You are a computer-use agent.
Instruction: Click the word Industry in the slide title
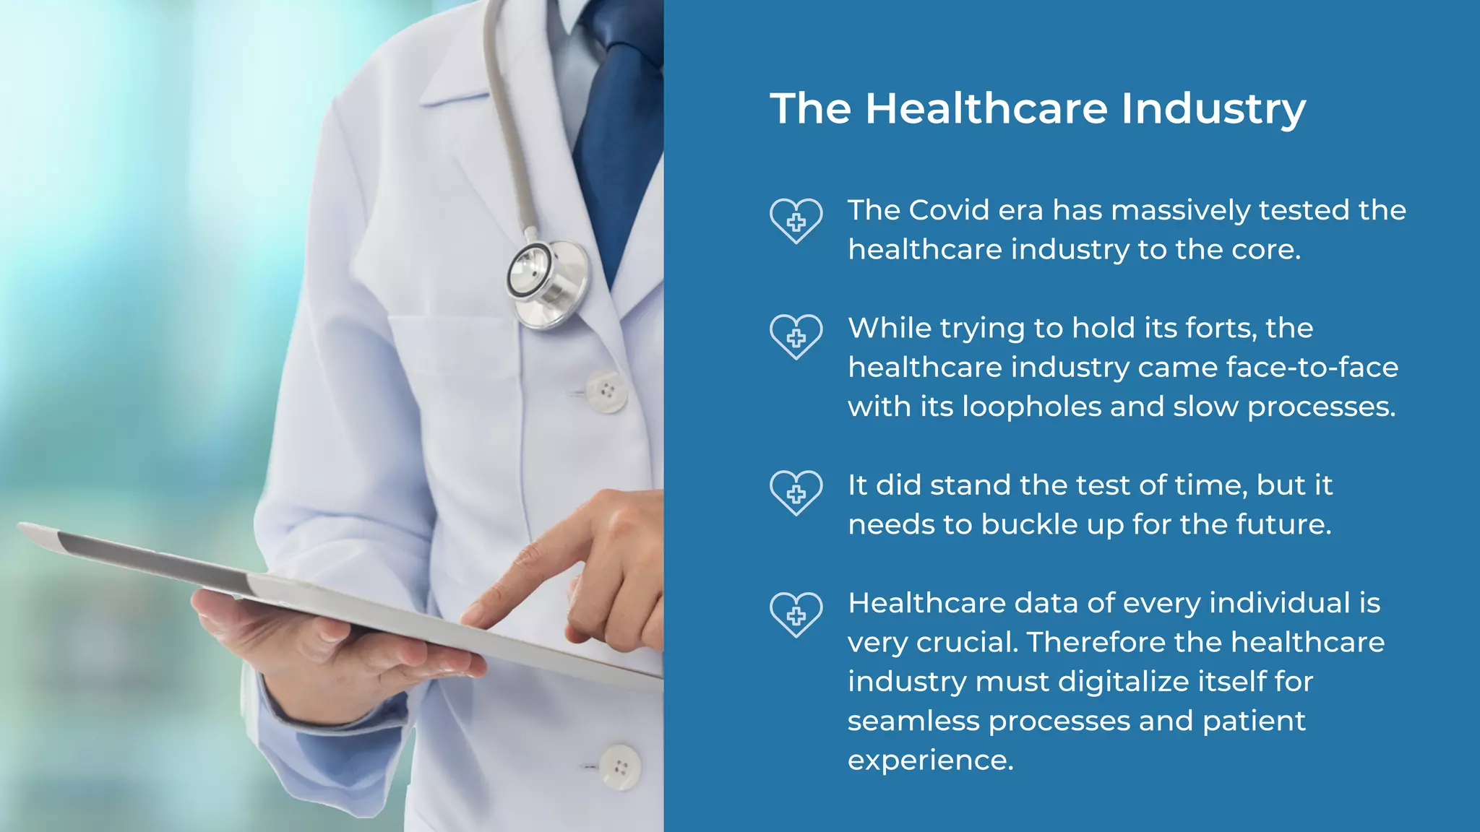pyautogui.click(x=1213, y=109)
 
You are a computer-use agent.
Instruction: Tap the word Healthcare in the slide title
pyautogui.click(x=986, y=108)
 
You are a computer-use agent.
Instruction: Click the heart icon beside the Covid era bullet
pyautogui.click(x=796, y=221)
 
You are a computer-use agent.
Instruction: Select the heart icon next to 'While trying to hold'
pyautogui.click(x=796, y=337)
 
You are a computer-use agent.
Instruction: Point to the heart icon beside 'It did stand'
pyautogui.click(x=796, y=493)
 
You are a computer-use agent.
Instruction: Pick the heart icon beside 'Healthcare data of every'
pyautogui.click(x=796, y=615)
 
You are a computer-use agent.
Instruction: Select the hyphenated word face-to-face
pyautogui.click(x=1312, y=368)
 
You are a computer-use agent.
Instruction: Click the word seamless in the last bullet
pyautogui.click(x=913, y=721)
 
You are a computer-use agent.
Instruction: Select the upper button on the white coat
pyautogui.click(x=606, y=391)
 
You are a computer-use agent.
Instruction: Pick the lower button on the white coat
pyautogui.click(x=620, y=767)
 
